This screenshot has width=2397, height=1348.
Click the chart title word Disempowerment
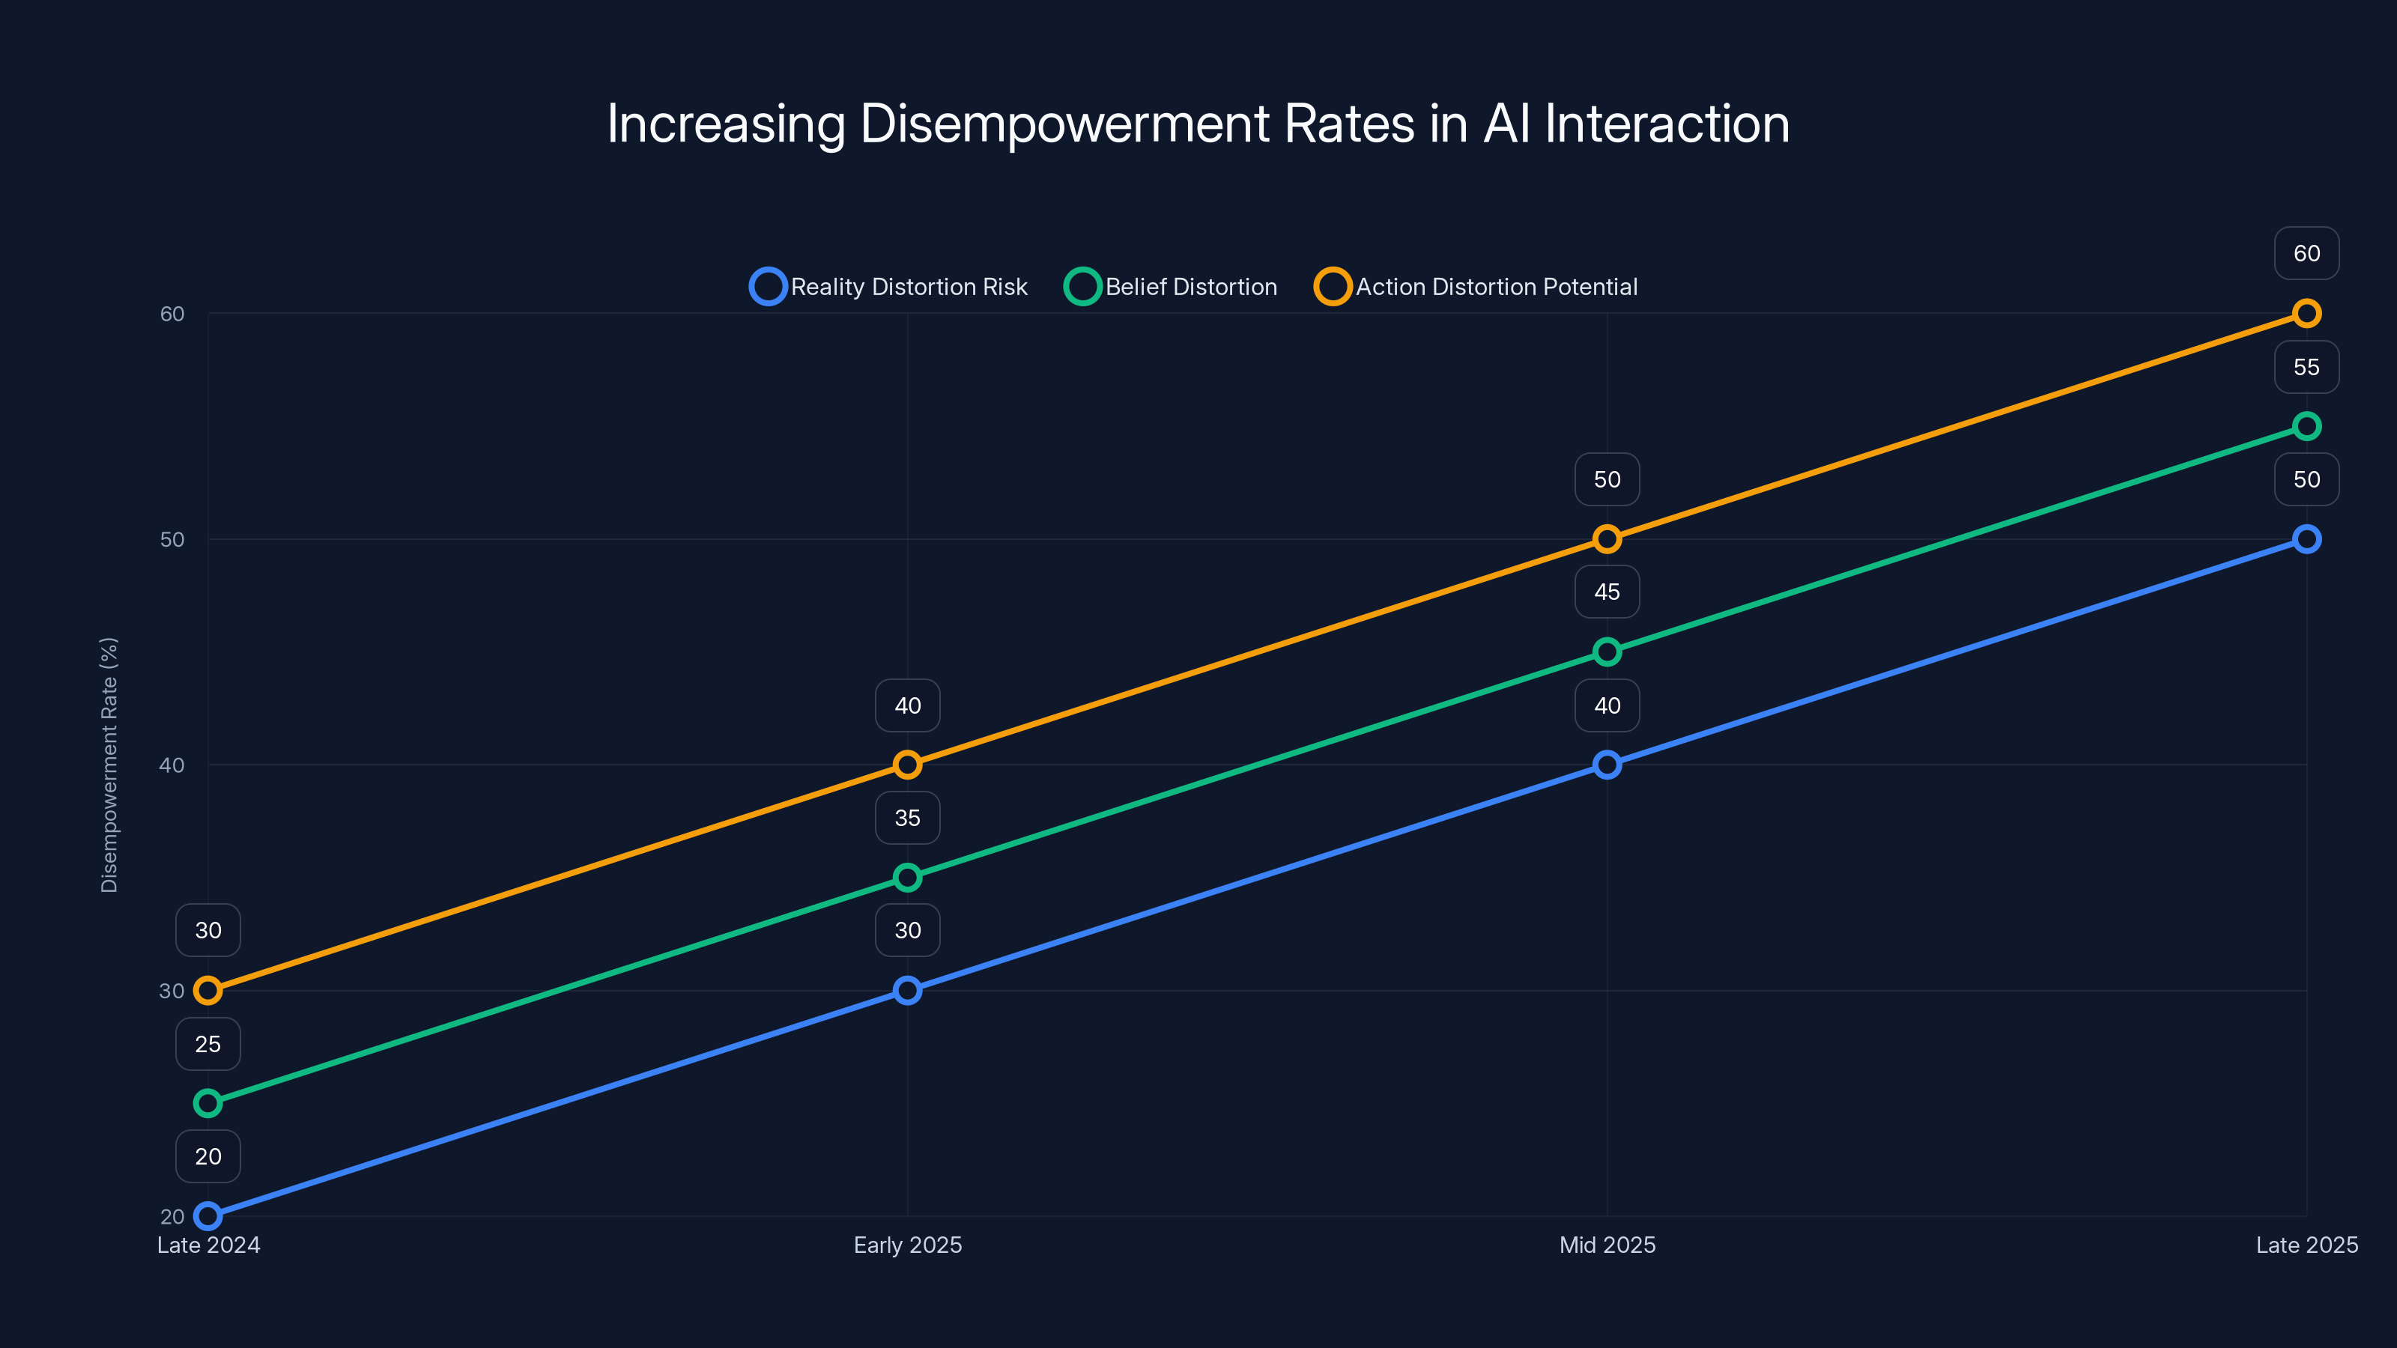tap(1064, 124)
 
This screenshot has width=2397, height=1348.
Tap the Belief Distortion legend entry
tap(1172, 287)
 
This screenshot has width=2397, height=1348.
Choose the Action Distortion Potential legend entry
tap(1476, 287)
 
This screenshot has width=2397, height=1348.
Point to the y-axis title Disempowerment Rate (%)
tap(109, 765)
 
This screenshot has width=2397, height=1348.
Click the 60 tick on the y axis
tap(172, 314)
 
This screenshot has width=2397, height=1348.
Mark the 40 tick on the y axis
tap(172, 765)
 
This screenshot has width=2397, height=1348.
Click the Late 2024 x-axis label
tap(208, 1245)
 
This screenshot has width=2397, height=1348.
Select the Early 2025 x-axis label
tap(907, 1245)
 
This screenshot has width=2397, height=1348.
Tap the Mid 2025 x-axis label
tap(1607, 1245)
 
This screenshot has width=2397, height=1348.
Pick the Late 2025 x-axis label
tap(2306, 1245)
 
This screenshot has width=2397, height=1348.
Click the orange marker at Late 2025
tap(2306, 314)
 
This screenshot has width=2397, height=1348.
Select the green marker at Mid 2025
tap(1607, 652)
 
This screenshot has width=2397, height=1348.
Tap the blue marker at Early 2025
tap(907, 990)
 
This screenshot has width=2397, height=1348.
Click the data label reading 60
tap(2306, 253)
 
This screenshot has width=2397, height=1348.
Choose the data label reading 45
tap(1607, 592)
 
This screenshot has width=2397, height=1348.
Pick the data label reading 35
tap(907, 818)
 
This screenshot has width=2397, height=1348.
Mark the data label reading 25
tap(208, 1044)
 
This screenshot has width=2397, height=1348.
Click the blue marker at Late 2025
tap(2306, 538)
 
